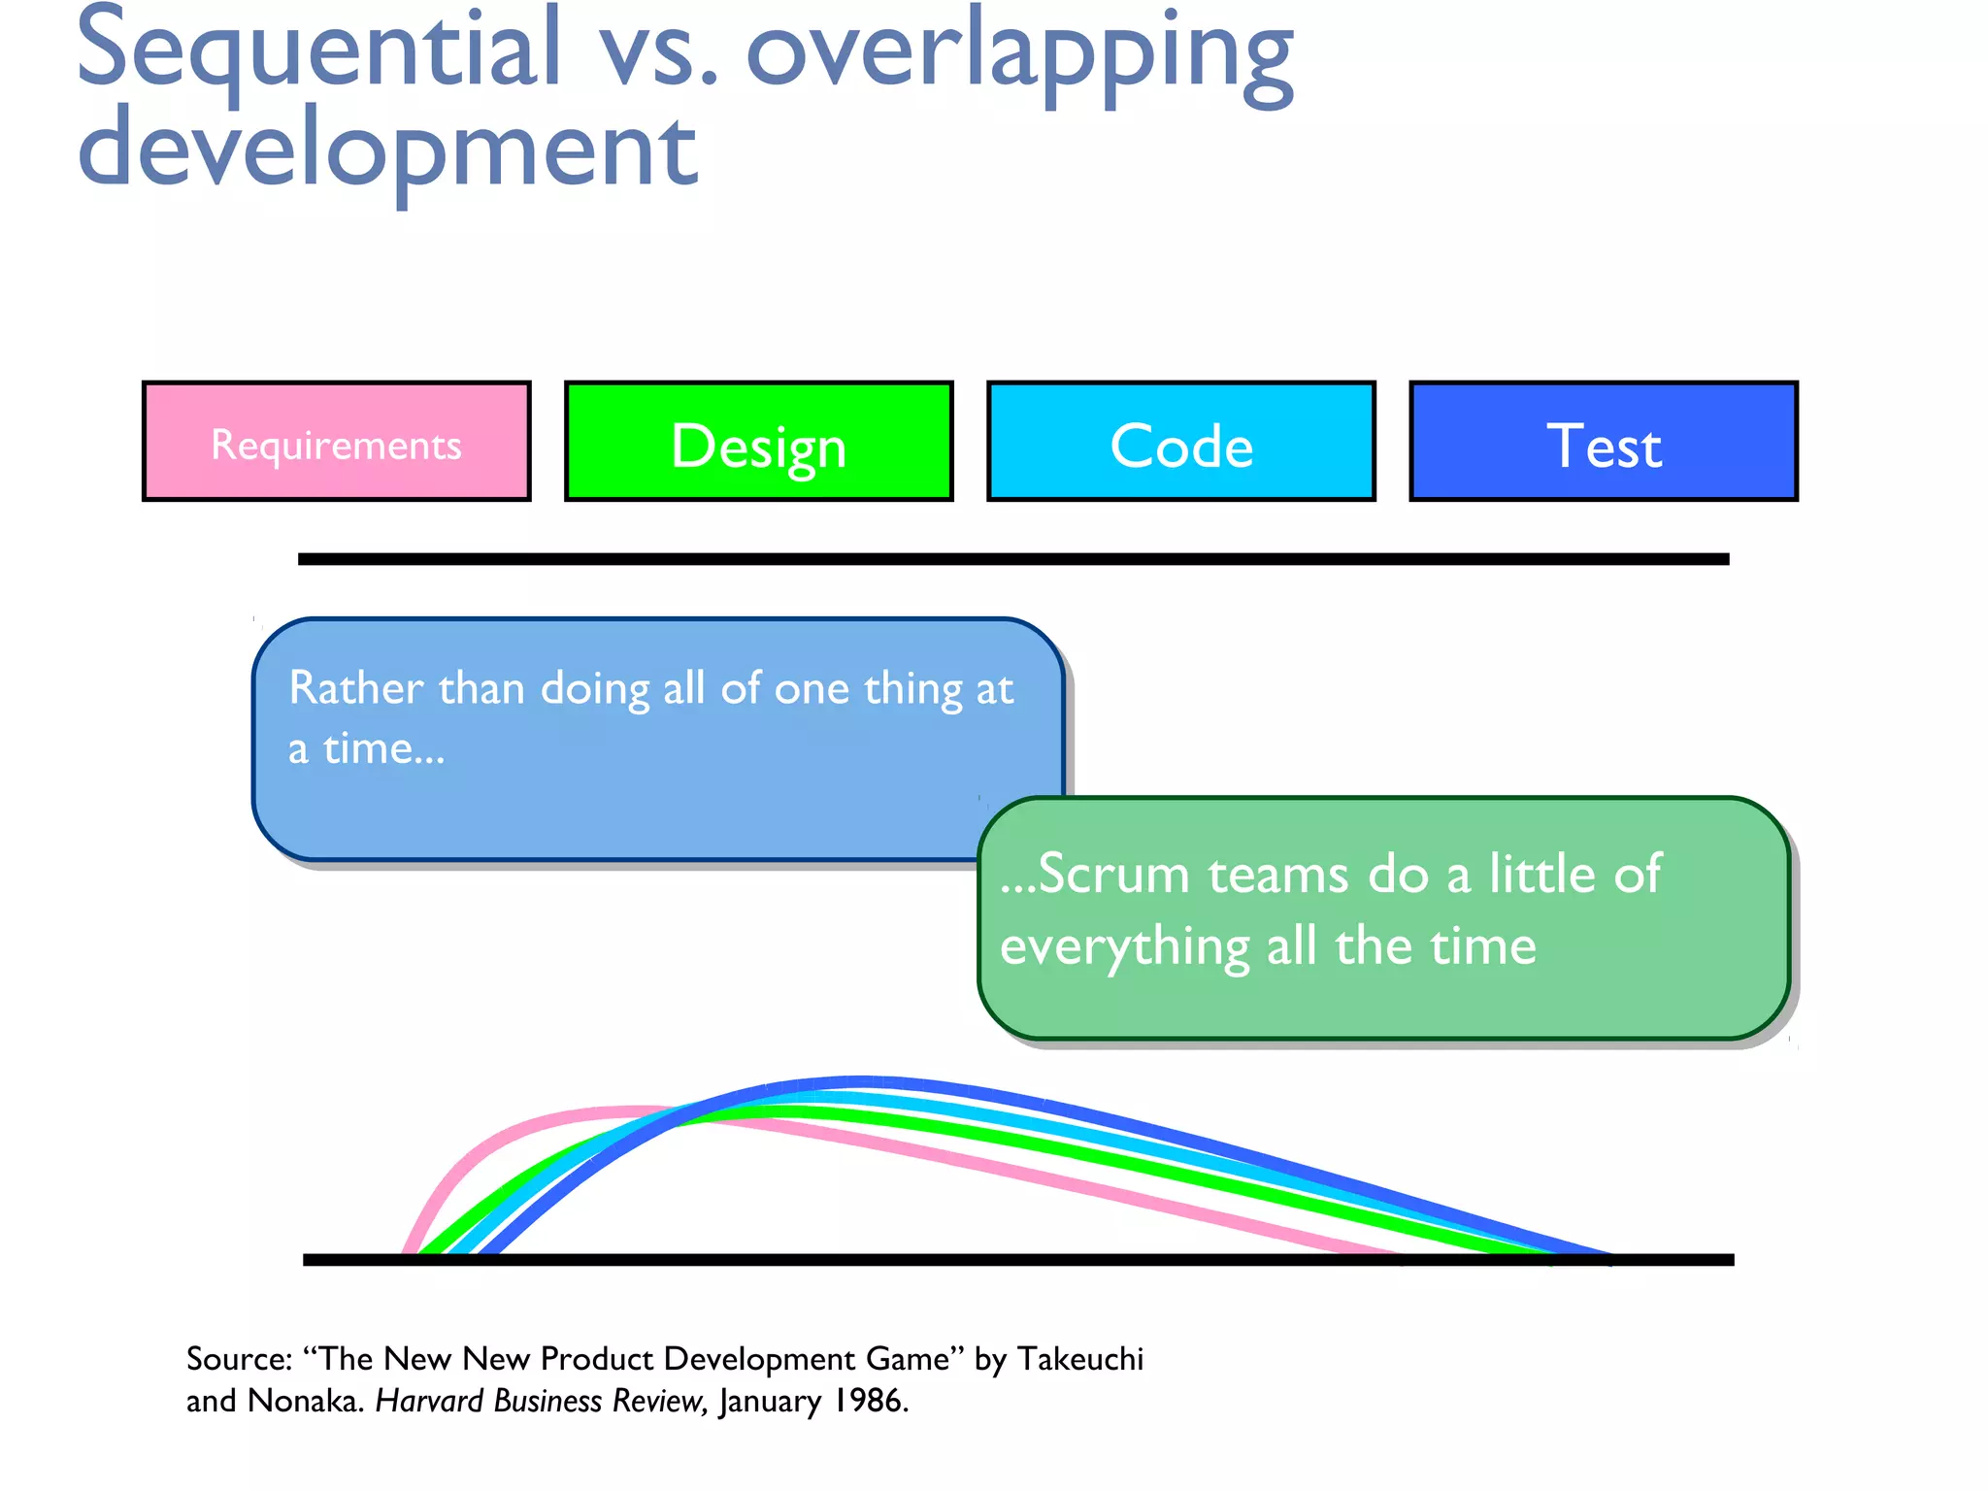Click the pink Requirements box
[336, 443]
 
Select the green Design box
[758, 443]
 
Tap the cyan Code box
[1180, 443]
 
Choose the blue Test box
[1603, 443]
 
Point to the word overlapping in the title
[1019, 53]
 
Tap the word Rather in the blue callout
[355, 688]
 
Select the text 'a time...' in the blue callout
[366, 748]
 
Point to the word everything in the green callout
[1124, 946]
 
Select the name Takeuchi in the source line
[1080, 1359]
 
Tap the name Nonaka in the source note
[304, 1401]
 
